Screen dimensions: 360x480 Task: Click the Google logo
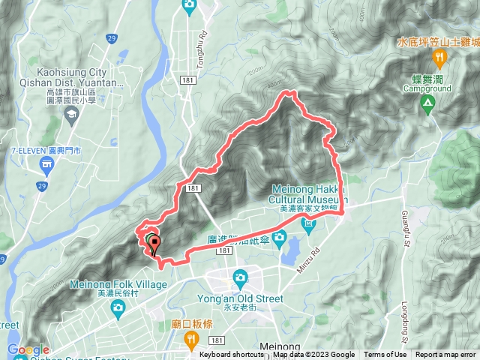pos(28,349)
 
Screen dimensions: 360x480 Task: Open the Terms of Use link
pos(385,355)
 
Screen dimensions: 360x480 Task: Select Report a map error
pos(445,355)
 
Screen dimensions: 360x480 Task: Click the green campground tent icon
pos(427,103)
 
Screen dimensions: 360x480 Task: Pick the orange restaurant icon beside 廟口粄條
pos(192,340)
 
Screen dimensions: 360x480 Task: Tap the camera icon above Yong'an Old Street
pos(240,277)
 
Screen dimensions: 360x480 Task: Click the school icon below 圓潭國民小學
pos(71,115)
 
